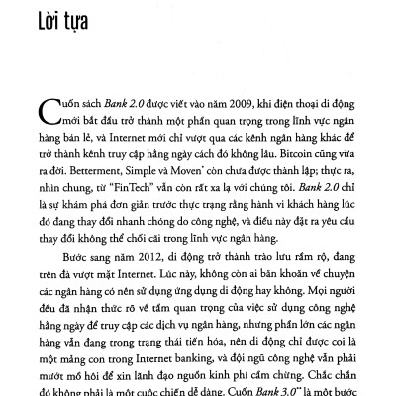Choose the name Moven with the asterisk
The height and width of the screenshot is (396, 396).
181,168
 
